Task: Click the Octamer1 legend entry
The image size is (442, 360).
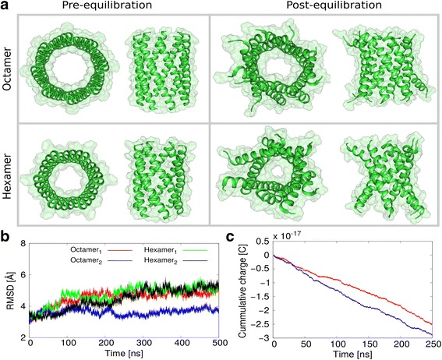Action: coord(83,249)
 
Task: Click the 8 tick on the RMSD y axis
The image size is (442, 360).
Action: coord(23,244)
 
